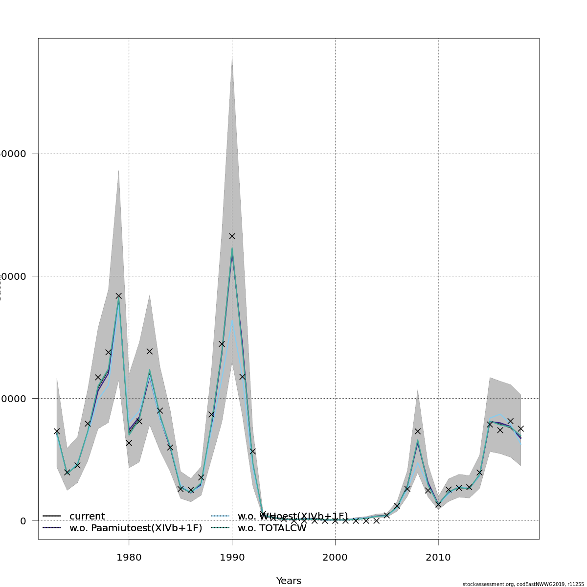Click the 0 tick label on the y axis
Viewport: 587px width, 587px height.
[x=23, y=521]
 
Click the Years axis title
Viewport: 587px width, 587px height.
[x=289, y=581]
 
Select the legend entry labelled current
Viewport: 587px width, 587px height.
[x=87, y=517]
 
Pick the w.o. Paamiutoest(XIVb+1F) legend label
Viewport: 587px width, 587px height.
[x=135, y=528]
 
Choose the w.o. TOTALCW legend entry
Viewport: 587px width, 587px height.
[x=272, y=528]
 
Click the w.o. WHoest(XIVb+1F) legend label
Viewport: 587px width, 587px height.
[x=293, y=517]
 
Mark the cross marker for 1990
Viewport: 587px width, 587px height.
[x=232, y=236]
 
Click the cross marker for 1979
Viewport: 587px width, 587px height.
[x=118, y=296]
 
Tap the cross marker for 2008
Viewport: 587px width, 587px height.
[x=418, y=431]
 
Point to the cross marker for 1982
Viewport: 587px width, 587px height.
[x=150, y=351]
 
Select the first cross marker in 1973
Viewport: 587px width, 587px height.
[x=57, y=431]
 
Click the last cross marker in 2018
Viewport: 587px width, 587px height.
[x=521, y=429]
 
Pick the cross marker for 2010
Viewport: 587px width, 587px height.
[x=438, y=504]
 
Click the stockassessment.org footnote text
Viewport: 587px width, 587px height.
[x=523, y=584]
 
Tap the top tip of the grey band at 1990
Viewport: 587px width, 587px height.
[x=232, y=57]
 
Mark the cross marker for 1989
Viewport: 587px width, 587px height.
[x=222, y=344]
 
